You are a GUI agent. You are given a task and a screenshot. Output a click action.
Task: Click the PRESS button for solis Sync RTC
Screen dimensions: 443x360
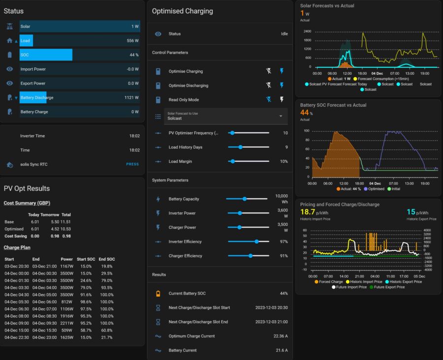click(132, 164)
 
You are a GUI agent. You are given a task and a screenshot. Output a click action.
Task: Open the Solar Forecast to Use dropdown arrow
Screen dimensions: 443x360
click(281, 116)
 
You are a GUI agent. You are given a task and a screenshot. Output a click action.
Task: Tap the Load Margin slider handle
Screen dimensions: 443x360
click(232, 161)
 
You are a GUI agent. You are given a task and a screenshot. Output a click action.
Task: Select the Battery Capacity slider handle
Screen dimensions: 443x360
click(244, 199)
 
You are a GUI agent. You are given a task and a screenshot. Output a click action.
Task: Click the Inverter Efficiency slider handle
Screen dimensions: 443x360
click(256, 241)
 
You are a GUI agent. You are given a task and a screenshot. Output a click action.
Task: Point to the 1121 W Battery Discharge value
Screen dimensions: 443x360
click(131, 97)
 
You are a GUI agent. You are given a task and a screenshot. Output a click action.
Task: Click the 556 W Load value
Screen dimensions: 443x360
click(132, 41)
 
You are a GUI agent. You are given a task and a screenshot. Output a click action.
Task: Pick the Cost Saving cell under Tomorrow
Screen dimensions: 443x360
click(55, 236)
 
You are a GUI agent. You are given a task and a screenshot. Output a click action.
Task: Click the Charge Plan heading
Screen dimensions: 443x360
click(17, 247)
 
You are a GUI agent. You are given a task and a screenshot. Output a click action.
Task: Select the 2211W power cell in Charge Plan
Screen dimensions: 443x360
click(66, 323)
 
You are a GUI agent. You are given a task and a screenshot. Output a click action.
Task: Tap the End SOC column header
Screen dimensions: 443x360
click(107, 259)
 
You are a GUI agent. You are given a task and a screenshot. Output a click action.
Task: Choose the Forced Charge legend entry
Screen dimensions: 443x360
click(329, 281)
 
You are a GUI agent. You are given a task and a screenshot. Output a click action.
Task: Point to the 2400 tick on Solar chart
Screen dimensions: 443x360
click(307, 31)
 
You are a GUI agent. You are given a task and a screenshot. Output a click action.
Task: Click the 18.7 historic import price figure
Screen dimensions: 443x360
click(307, 212)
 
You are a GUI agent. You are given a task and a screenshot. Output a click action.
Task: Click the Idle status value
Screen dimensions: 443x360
click(284, 33)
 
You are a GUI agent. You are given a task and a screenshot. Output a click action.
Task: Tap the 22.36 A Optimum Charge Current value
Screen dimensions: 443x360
click(281, 336)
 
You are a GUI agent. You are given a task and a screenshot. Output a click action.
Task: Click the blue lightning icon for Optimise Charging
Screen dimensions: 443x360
click(282, 71)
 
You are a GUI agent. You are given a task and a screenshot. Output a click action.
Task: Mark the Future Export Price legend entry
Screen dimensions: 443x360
click(387, 287)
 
